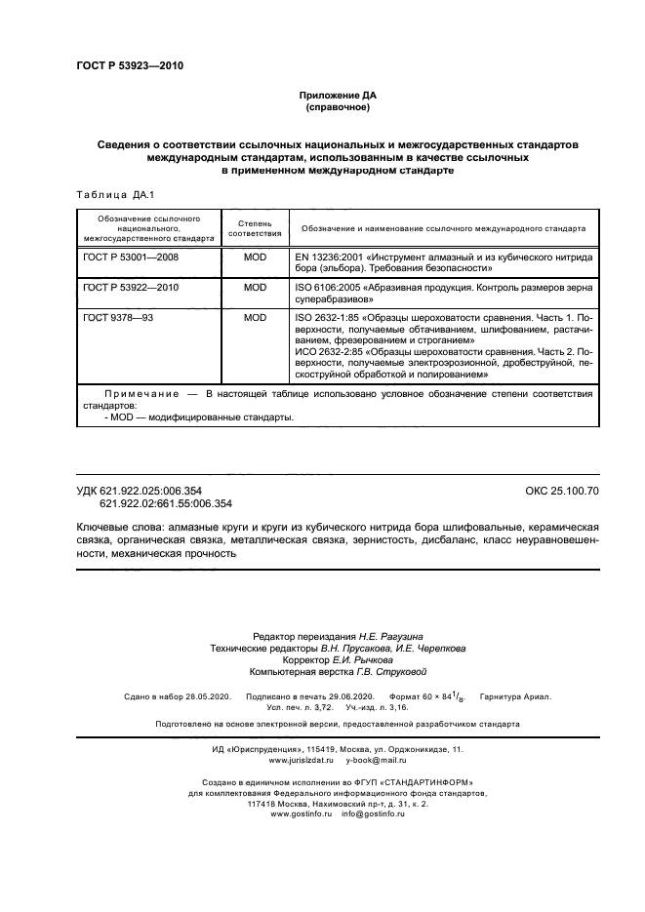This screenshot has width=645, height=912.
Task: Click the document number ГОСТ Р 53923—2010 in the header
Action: click(129, 66)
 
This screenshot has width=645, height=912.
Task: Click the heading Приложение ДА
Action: click(337, 95)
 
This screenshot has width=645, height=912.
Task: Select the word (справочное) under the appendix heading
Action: click(337, 106)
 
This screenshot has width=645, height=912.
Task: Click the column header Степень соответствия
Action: click(255, 228)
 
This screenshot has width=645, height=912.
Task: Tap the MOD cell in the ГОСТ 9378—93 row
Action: click(255, 319)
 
